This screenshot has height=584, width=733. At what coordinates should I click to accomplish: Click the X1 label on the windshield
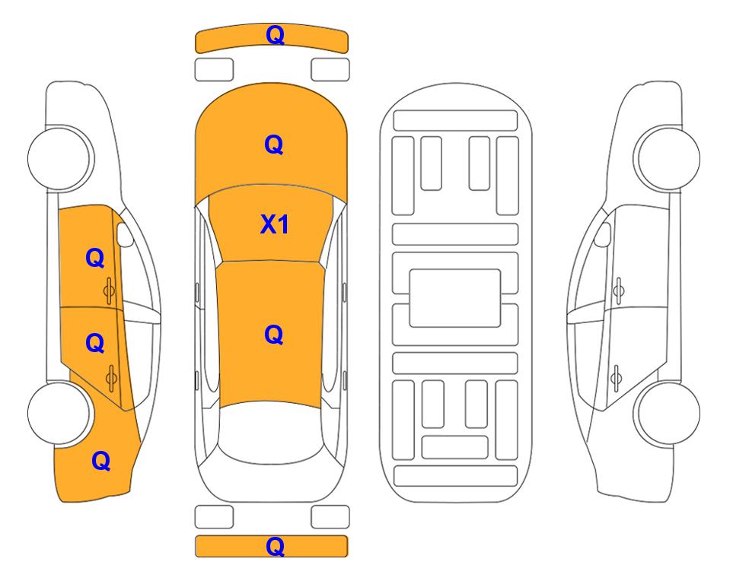(x=275, y=224)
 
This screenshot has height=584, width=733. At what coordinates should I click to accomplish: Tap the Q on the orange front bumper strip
(x=275, y=35)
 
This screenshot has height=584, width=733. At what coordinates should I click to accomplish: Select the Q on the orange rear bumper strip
(x=275, y=546)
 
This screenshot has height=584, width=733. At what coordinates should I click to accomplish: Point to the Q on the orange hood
(x=274, y=144)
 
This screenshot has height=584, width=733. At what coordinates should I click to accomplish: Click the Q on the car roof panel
(x=274, y=335)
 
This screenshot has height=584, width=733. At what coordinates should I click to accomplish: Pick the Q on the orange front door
(x=95, y=258)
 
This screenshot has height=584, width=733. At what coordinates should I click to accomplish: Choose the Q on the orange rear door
(x=95, y=344)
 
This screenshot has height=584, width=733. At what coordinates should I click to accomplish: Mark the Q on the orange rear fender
(x=101, y=461)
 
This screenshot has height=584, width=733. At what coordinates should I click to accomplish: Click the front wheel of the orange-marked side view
(x=59, y=158)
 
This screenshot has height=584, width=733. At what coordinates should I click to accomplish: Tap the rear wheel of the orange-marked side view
(x=59, y=413)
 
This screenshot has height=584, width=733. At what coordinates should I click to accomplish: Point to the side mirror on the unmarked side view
(x=602, y=234)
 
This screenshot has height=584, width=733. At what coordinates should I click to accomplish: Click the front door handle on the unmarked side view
(x=618, y=290)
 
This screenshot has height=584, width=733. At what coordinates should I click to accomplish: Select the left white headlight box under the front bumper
(x=214, y=70)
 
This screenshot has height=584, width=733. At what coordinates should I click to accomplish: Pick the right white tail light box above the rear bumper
(x=330, y=517)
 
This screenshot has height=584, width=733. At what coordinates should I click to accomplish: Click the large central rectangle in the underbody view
(x=455, y=298)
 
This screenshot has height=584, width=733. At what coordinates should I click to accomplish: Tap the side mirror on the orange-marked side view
(x=125, y=234)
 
